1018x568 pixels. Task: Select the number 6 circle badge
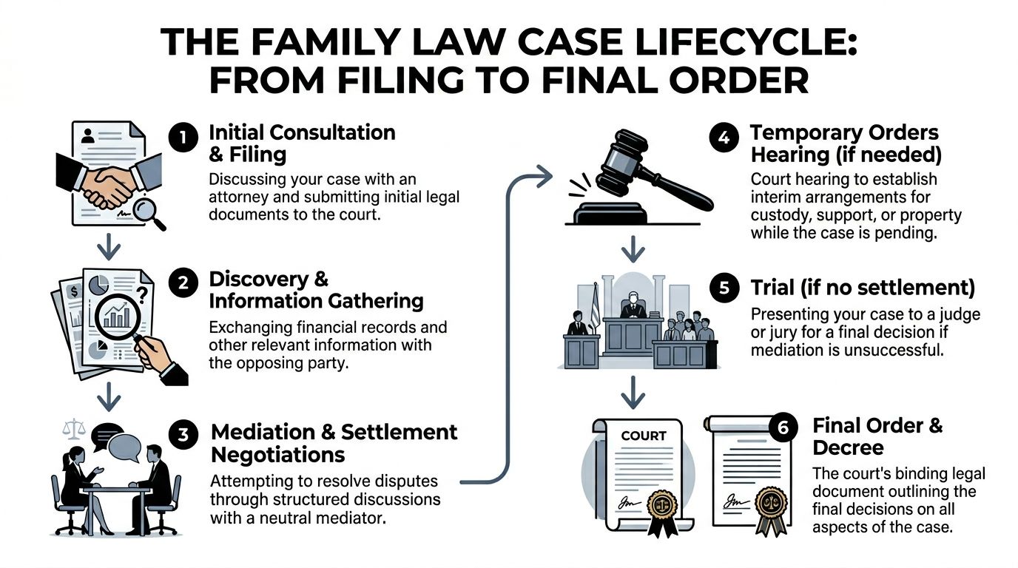point(783,428)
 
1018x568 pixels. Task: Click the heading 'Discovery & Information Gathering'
point(316,290)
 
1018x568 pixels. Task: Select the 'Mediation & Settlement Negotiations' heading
point(334,442)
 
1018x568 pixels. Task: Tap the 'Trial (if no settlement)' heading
point(862,288)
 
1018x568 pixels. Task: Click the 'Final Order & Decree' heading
point(877,436)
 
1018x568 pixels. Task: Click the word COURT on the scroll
point(643,436)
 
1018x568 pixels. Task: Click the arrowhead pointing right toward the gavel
point(546,176)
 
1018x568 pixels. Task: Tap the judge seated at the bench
point(633,305)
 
